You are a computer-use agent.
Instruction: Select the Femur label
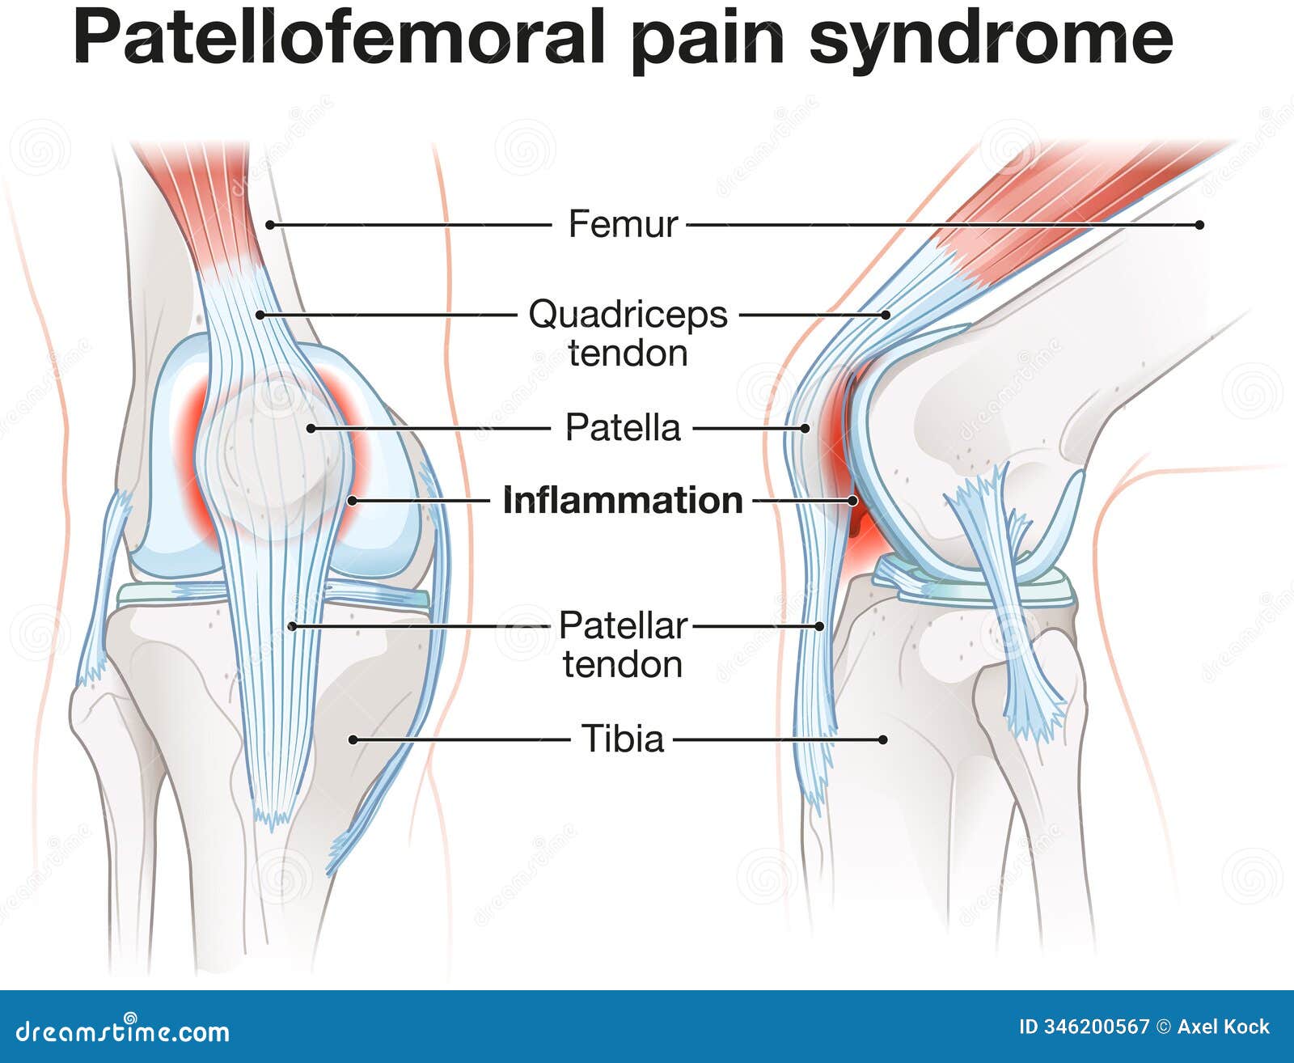[x=623, y=224]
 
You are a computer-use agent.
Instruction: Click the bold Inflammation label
[x=623, y=500]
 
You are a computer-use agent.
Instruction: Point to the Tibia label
[x=622, y=739]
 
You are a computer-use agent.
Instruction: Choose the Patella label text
[x=623, y=427]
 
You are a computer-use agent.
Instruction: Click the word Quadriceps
[x=628, y=315]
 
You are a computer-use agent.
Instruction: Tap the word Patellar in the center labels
[x=622, y=626]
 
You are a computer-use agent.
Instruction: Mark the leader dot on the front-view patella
[x=311, y=429]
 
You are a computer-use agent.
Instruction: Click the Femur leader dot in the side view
[x=1199, y=225]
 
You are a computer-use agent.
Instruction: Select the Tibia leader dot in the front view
[x=353, y=740]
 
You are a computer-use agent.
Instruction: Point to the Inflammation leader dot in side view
[x=852, y=501]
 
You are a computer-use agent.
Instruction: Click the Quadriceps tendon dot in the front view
[x=260, y=315]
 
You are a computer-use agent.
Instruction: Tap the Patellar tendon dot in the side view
[x=820, y=626]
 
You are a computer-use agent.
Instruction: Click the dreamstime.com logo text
[x=122, y=1031]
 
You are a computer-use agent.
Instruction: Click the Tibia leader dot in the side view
[x=883, y=740]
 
